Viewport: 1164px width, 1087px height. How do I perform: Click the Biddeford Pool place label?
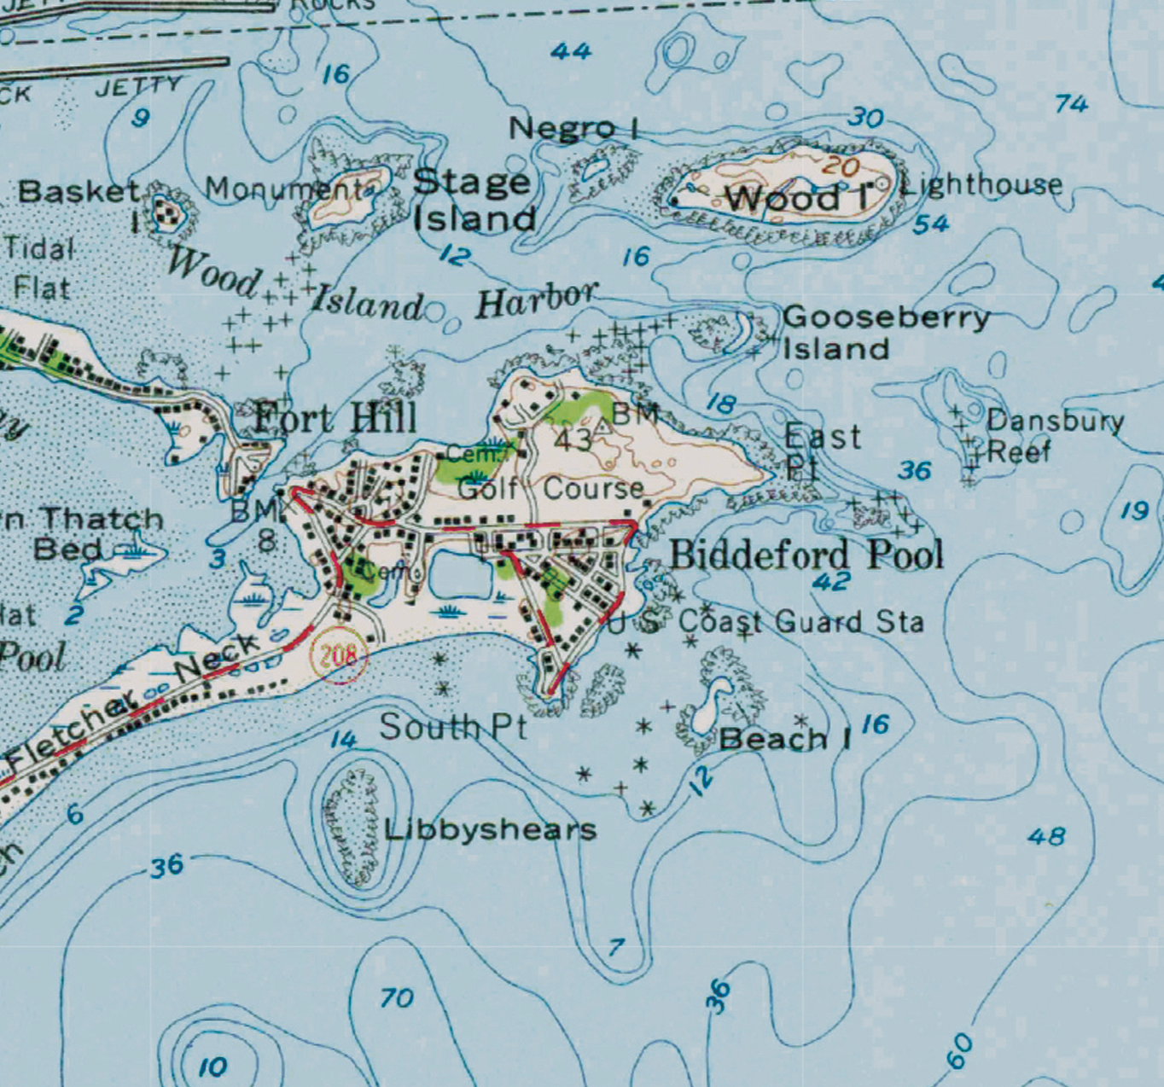click(x=806, y=555)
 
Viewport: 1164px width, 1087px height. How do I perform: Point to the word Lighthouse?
click(x=981, y=184)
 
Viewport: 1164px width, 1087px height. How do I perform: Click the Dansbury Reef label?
click(x=1054, y=435)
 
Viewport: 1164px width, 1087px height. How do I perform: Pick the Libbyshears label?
click(x=490, y=829)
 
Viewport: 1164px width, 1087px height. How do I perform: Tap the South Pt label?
click(x=452, y=727)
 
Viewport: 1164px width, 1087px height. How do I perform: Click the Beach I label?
click(x=784, y=739)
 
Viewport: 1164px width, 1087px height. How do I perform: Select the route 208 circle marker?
click(x=339, y=655)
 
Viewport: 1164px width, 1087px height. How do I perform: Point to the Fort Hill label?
click(x=335, y=418)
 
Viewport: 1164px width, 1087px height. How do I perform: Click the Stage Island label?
click(x=474, y=201)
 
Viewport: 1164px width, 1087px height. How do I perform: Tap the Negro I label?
click(x=573, y=129)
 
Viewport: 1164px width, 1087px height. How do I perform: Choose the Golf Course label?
click(x=550, y=489)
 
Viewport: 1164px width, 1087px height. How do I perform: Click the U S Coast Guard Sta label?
click(x=765, y=621)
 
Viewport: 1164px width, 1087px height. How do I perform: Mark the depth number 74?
click(x=1071, y=104)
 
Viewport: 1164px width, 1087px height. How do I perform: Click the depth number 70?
click(x=397, y=997)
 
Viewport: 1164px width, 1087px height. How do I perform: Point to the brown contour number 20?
click(x=841, y=166)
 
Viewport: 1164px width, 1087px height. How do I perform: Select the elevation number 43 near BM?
click(x=572, y=439)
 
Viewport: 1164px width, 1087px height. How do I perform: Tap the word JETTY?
click(x=138, y=86)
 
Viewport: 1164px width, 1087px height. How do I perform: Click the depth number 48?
click(x=1047, y=836)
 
